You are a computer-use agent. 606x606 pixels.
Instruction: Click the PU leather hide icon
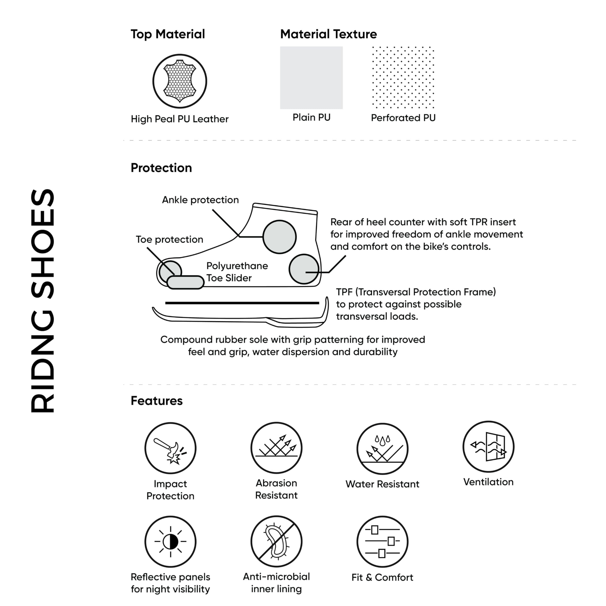coord(180,81)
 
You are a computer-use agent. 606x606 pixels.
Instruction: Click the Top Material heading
coord(168,34)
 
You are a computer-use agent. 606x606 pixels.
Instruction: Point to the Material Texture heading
coord(328,34)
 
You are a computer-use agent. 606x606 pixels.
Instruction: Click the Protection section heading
coord(161,168)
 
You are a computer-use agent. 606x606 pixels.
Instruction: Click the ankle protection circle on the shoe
coord(279,237)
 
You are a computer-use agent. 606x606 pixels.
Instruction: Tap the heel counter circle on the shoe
coord(304,269)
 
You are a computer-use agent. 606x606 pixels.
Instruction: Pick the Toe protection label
coord(169,239)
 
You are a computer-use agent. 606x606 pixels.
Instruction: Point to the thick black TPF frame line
coord(242,303)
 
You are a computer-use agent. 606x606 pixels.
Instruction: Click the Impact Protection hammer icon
coord(170,448)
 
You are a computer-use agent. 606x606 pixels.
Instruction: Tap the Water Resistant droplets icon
coord(382,449)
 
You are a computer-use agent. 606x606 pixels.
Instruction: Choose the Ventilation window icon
coord(488,447)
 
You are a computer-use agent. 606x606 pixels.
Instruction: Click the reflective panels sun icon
coord(170,541)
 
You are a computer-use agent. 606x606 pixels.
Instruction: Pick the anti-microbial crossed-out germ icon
coord(276,541)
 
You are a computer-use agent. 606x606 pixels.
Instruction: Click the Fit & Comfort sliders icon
coord(382,542)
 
